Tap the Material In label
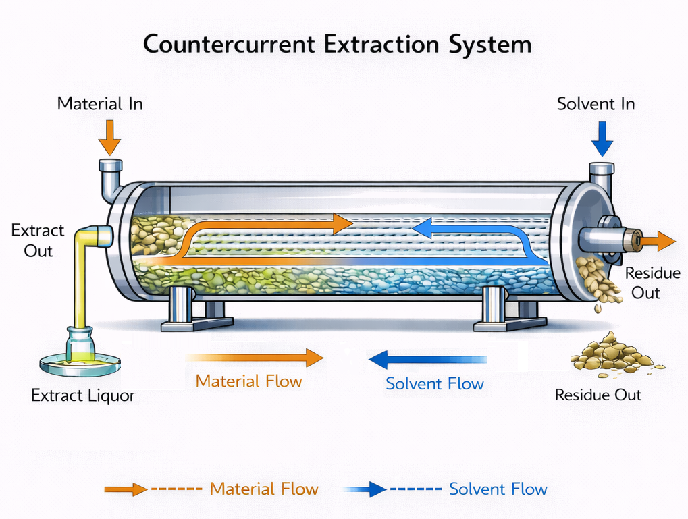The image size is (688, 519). [x=100, y=104]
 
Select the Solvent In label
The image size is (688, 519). [x=596, y=104]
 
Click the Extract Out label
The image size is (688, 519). [x=38, y=240]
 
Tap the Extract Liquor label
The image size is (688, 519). [x=83, y=395]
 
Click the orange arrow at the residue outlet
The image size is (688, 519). [x=658, y=240]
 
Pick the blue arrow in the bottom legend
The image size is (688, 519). [x=365, y=489]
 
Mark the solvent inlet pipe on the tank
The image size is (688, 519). [x=600, y=173]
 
